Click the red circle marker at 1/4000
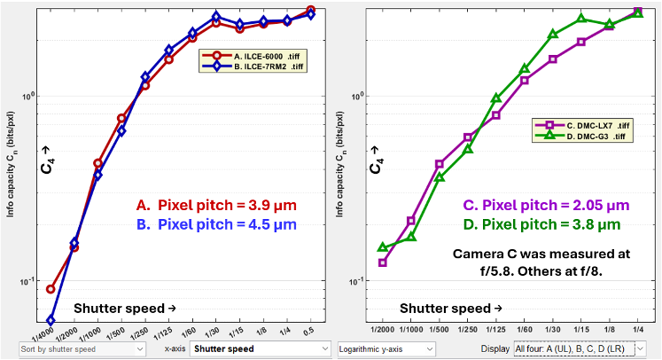click(51, 289)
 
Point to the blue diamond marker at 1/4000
click(51, 320)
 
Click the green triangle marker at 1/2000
click(383, 247)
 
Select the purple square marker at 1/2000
click(383, 262)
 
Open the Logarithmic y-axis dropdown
click(386, 349)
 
